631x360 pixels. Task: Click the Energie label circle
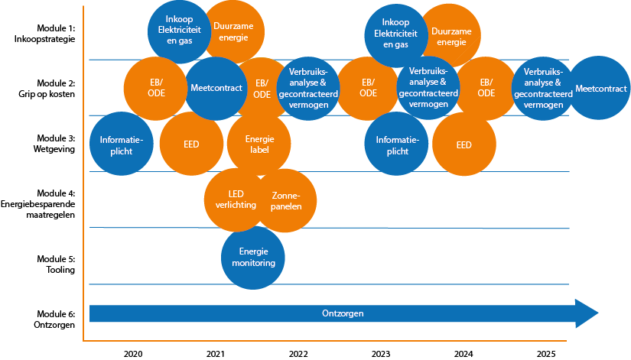259,144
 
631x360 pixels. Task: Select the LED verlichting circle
236,199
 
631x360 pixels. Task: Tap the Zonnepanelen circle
286,201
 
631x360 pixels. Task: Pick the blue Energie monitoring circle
252,258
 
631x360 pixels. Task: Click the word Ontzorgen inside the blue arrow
343,313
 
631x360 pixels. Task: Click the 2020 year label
132,354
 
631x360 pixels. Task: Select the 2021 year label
216,354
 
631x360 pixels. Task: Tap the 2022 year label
298,354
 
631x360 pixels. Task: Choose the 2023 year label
380,354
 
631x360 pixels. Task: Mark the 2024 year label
463,354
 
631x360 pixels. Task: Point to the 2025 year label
545,354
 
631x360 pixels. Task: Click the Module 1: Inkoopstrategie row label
44,33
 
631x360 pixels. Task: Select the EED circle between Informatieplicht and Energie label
190,144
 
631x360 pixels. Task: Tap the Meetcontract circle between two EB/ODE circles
216,89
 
